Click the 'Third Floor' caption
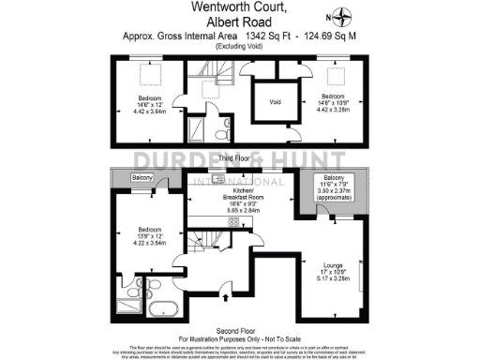pos(241,159)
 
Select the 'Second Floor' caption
pos(240,330)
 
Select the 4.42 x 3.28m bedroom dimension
pos(334,109)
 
